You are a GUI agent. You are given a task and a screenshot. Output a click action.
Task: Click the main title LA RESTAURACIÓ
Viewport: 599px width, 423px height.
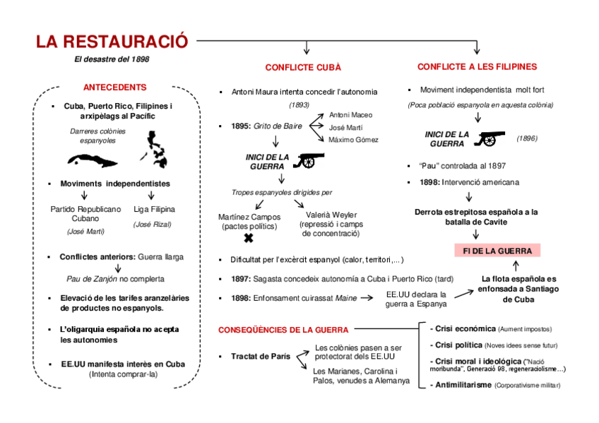(112, 42)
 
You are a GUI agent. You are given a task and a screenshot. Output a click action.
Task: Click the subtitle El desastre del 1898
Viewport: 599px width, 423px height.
(112, 59)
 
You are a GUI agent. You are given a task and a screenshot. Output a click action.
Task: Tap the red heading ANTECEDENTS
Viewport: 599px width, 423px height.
(114, 88)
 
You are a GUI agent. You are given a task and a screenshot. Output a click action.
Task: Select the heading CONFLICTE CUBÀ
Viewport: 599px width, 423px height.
(303, 68)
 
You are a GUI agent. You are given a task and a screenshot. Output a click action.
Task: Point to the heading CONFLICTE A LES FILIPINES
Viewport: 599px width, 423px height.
(477, 67)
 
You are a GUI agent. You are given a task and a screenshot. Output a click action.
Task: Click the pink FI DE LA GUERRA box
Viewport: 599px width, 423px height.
(497, 251)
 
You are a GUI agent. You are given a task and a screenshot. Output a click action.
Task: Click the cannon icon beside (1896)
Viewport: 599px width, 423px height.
(485, 138)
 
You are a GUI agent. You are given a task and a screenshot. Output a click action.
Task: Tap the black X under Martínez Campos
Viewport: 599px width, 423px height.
(249, 239)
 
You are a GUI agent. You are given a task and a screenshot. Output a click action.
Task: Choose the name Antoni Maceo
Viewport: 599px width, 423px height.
(350, 114)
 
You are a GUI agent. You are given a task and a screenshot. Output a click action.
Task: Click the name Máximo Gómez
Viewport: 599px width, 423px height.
(353, 140)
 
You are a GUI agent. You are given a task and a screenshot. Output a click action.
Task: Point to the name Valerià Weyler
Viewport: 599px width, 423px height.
(331, 215)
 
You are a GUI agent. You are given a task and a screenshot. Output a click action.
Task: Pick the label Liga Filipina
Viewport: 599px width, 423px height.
(153, 210)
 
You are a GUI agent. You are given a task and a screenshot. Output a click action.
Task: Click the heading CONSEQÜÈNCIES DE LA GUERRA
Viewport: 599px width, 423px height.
(283, 330)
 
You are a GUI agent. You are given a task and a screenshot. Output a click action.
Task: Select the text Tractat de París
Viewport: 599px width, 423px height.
(260, 356)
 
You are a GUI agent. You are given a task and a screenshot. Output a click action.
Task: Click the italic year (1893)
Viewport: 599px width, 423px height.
(299, 105)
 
